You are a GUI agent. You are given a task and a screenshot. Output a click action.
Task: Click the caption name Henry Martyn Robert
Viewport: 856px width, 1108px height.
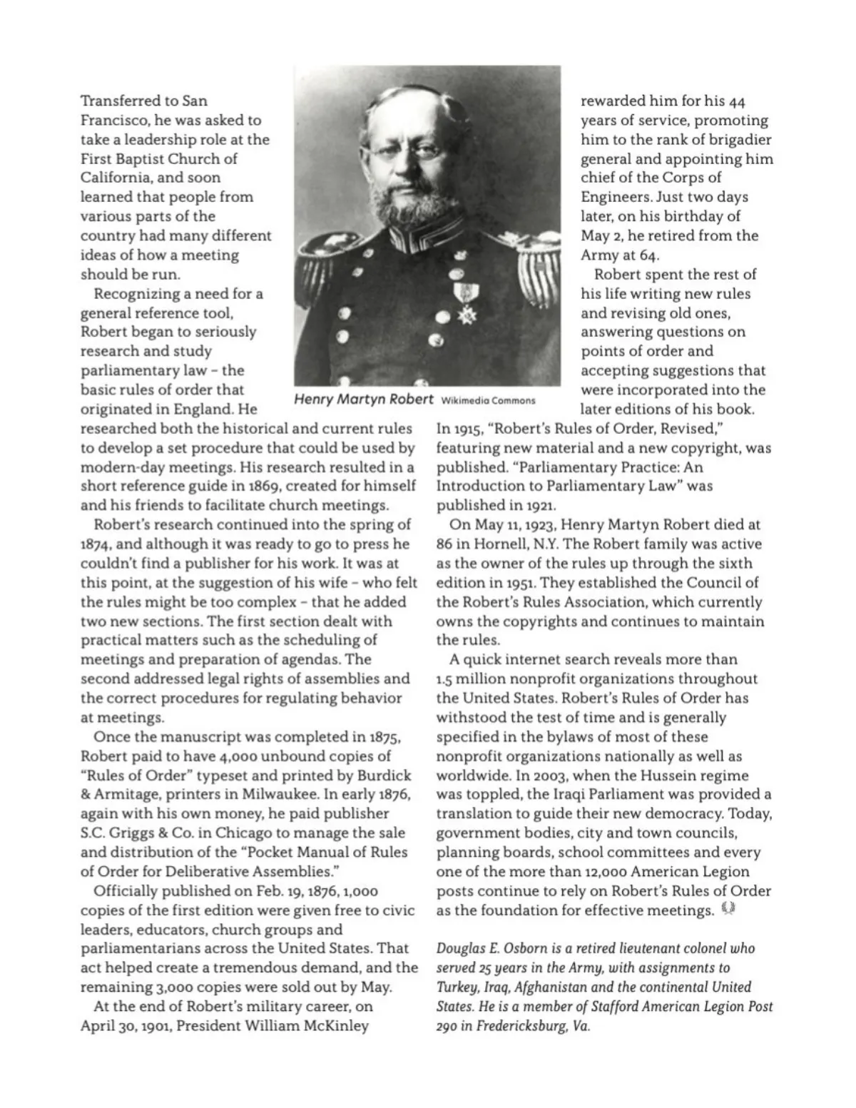coord(364,399)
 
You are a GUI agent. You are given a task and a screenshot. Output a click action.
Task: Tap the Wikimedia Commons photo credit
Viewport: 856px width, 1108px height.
coord(489,400)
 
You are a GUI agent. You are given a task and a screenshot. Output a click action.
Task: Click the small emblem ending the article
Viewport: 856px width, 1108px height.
coord(728,909)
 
